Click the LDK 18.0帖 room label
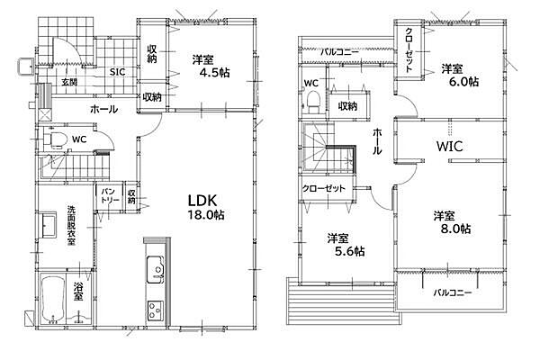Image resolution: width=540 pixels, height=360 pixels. coord(206,207)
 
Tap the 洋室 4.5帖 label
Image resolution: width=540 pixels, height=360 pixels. coord(211,66)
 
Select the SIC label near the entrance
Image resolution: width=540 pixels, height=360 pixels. coord(117,72)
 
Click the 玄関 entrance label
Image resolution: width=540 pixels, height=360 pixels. coord(69,82)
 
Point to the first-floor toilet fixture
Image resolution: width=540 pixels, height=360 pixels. coord(54,139)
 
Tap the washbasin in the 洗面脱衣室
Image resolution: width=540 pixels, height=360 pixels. coord(49,225)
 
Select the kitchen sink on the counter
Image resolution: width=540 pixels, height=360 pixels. coord(156,270)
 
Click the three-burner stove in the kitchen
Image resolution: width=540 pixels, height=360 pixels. coord(156,310)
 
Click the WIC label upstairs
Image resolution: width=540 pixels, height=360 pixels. coord(449,147)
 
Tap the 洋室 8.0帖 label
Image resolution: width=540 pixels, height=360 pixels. coord(452,222)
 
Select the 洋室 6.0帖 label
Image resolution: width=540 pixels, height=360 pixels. coord(460,75)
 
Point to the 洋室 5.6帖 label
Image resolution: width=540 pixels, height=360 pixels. coord(346,245)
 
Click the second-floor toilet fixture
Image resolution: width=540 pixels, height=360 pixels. coord(313,101)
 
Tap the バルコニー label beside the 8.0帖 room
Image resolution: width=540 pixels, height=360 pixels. coord(452,292)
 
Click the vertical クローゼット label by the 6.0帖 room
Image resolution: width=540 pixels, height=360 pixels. coord(409,49)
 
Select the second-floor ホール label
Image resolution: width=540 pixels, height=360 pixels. coord(377,141)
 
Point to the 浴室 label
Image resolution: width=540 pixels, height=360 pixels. coord(78,292)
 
